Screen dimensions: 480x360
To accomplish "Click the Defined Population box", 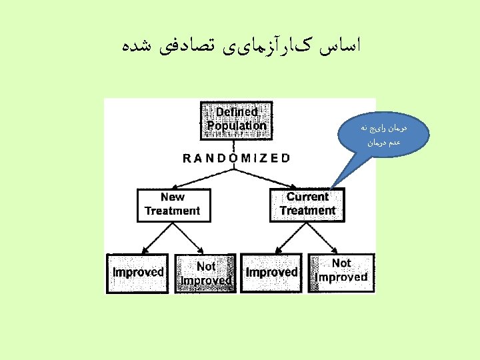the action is pos(237,119).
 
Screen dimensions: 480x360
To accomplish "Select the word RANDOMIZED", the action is pos(236,159).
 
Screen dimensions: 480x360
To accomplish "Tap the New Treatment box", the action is pos(172,205).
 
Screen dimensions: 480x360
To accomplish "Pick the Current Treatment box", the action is pos(307,205).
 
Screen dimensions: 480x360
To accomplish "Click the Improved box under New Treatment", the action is pos(138,272).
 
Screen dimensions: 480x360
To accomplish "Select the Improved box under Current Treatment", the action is pos(271,273).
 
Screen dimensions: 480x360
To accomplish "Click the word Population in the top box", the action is pos(237,125).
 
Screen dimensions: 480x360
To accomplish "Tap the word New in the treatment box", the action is pos(173,197).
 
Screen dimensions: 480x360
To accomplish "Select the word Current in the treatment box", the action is pos(307,197).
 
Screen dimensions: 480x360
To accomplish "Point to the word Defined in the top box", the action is pos(237,113).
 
